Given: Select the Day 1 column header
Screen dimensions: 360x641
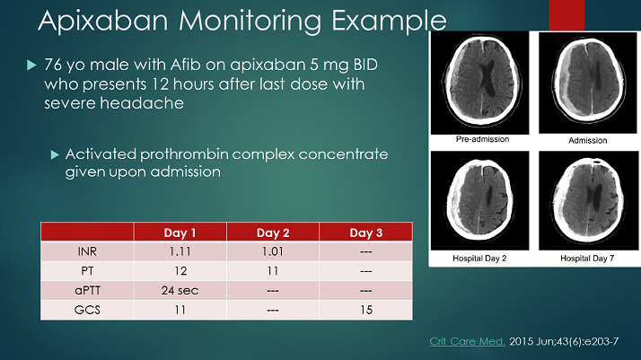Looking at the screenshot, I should pyautogui.click(x=180, y=233).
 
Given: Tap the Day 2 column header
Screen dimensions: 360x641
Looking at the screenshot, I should pyautogui.click(x=272, y=233).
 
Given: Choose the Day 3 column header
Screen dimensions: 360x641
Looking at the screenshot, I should pyautogui.click(x=365, y=233).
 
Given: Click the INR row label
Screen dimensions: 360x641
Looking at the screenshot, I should pyautogui.click(x=87, y=251).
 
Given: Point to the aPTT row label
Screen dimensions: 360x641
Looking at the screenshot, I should pyautogui.click(x=87, y=289).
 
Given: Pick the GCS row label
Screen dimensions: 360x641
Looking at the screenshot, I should pyautogui.click(x=87, y=308).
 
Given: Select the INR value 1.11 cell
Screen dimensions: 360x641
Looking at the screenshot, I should pyautogui.click(x=180, y=251).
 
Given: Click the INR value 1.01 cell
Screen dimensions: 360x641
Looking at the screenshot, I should pyautogui.click(x=272, y=251).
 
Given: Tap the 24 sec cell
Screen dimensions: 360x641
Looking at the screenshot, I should pyautogui.click(x=180, y=289).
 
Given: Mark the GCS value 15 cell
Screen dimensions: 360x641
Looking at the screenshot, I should pyautogui.click(x=365, y=308).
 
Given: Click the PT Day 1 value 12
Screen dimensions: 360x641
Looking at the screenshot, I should pyautogui.click(x=180, y=270).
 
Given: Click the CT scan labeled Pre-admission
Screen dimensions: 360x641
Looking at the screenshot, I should pyautogui.click(x=479, y=83).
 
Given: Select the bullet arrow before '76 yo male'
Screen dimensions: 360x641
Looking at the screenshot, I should pyautogui.click(x=31, y=66).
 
